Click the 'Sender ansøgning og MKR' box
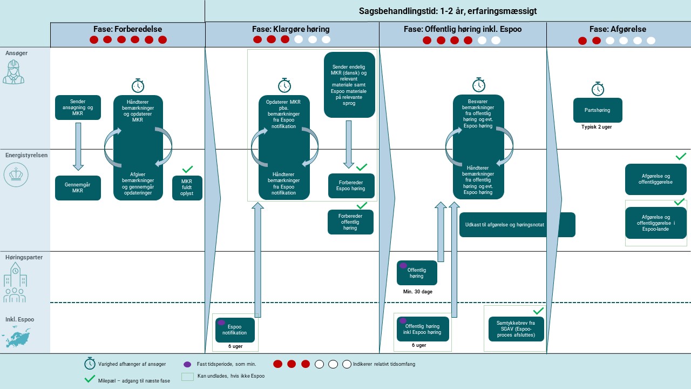78,108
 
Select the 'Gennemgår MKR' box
78,188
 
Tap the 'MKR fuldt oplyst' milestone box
187,188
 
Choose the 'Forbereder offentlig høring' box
350,222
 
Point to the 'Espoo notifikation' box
235,330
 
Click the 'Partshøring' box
598,110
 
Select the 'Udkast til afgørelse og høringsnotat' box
517,225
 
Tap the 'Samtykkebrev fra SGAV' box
516,328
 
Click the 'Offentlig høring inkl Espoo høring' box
422,329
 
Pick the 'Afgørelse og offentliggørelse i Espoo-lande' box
655,223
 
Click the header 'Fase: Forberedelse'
128,29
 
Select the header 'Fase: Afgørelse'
618,29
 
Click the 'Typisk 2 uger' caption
597,126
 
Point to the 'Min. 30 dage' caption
417,292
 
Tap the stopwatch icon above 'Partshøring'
598,89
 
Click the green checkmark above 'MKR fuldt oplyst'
187,169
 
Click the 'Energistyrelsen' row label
26,155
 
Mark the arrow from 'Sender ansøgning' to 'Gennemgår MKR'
78,146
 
